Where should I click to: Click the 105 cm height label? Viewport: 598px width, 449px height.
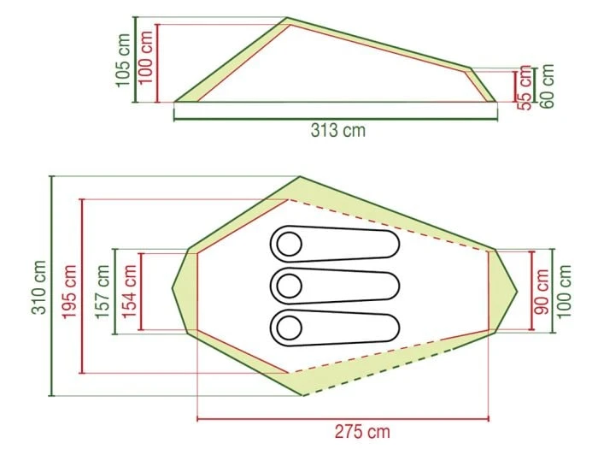[124, 61]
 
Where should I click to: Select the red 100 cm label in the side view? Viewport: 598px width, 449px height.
[145, 57]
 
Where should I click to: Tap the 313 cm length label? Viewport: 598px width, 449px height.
[338, 130]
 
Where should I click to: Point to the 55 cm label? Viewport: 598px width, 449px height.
[525, 88]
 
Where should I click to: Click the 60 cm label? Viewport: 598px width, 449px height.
[546, 86]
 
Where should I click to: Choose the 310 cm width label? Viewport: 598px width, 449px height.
[39, 287]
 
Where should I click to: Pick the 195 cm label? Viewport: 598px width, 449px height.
[69, 292]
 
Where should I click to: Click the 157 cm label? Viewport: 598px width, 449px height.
[103, 292]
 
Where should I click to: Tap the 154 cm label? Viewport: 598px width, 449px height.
[129, 292]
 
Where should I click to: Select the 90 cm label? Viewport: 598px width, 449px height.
[542, 292]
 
